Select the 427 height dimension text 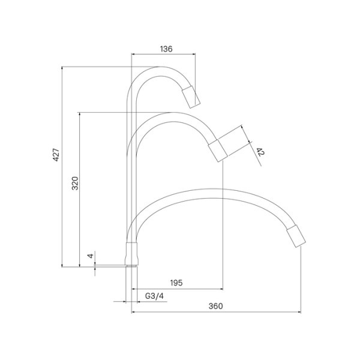click(x=56, y=157)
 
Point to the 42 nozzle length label click(x=259, y=152)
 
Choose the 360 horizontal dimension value click(x=215, y=305)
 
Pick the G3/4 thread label click(x=155, y=295)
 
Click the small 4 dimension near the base click(x=90, y=256)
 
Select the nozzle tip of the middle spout click(x=218, y=150)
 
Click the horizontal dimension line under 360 click(x=215, y=312)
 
